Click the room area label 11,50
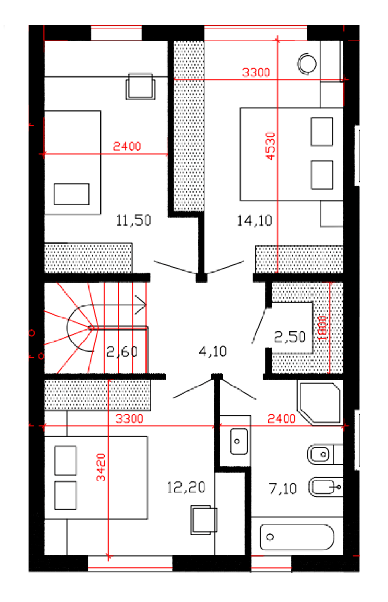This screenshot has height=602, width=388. tap(133, 221)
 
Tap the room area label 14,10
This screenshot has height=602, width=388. tap(254, 221)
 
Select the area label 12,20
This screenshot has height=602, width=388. tap(186, 487)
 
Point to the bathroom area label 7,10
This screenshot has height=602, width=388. tap(282, 488)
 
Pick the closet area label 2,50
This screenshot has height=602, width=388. tap(290, 337)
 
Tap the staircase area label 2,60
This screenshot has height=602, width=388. tap(122, 352)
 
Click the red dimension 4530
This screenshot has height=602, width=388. tap(270, 146)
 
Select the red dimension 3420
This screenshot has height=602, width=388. tap(101, 467)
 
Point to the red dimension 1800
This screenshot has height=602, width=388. tap(322, 328)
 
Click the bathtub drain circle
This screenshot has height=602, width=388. tap(270, 537)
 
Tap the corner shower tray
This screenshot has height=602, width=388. tap(320, 403)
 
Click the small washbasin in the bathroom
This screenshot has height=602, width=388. tap(239, 441)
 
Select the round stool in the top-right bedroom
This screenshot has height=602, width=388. tap(307, 64)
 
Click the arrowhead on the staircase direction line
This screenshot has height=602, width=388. tap(140, 305)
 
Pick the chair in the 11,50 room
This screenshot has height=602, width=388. tap(140, 86)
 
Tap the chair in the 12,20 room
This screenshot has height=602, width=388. tap(204, 520)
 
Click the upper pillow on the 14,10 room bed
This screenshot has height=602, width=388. tap(322, 131)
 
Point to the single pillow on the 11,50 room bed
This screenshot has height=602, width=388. tap(71, 194)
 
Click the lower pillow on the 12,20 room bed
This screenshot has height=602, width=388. tap(66, 495)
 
